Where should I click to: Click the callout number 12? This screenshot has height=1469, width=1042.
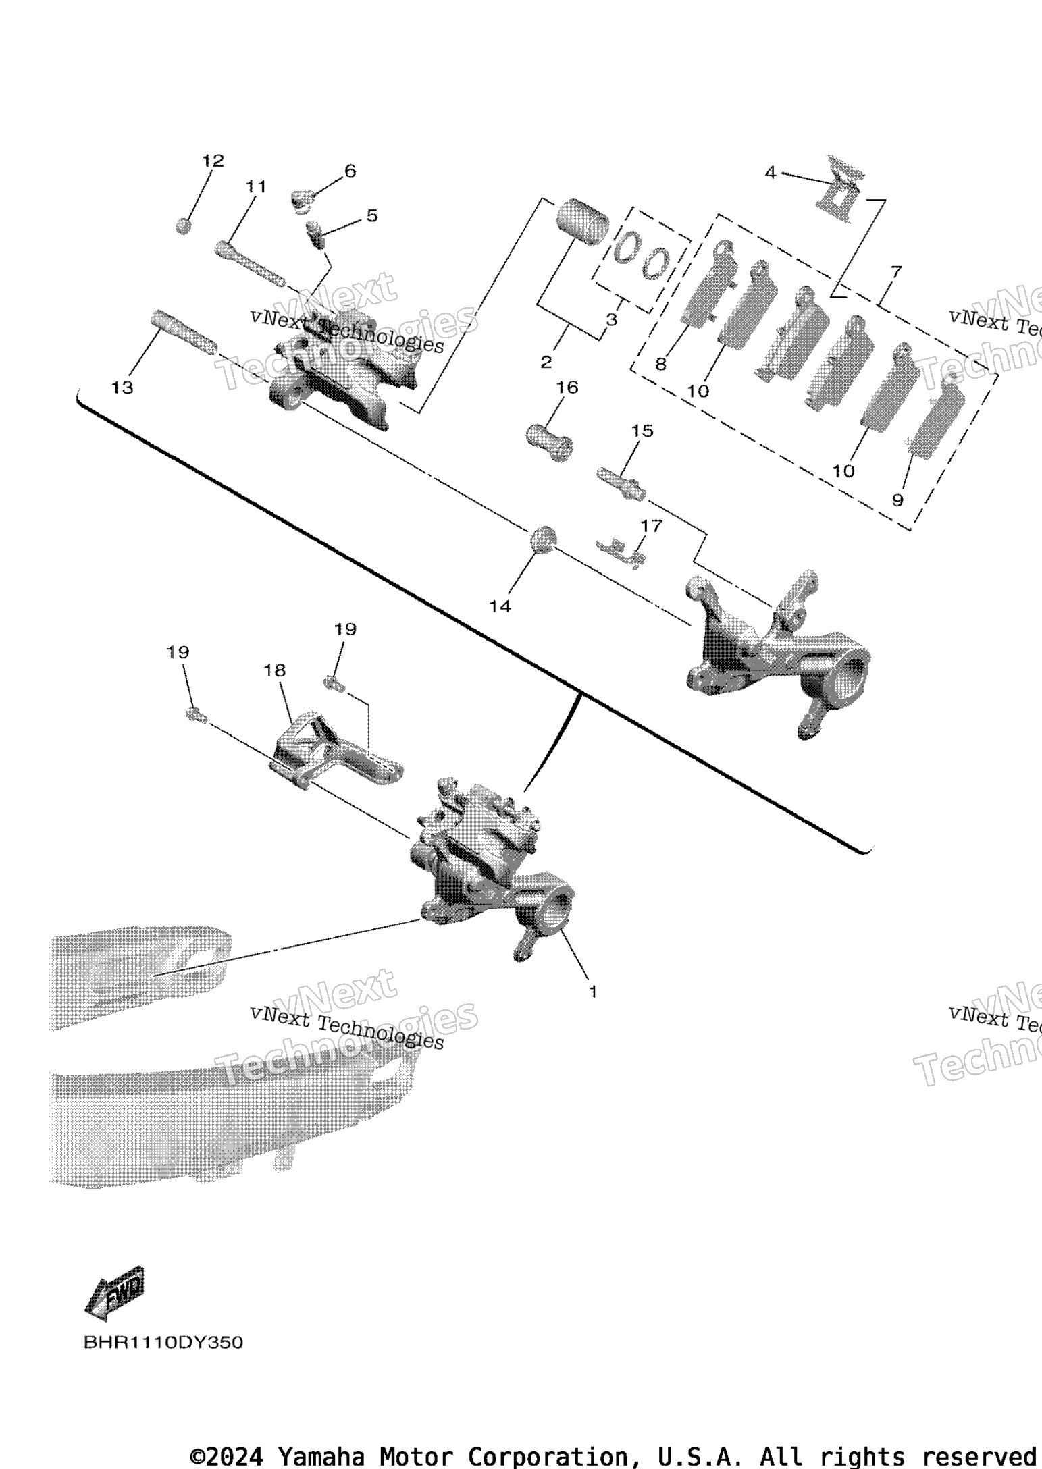(213, 161)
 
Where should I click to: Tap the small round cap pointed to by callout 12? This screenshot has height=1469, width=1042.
(184, 226)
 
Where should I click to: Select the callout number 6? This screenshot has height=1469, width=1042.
(350, 171)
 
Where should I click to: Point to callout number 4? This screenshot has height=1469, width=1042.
(771, 173)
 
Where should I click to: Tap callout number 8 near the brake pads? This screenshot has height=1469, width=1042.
(660, 365)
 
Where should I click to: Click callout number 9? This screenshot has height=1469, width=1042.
(897, 500)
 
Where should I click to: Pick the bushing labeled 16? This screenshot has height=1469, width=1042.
(550, 442)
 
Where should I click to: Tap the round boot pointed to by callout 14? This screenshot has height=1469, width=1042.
(543, 539)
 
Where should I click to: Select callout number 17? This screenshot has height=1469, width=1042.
(652, 525)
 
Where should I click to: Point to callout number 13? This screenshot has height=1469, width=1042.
(123, 388)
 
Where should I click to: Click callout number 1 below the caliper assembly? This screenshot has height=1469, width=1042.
(593, 992)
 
